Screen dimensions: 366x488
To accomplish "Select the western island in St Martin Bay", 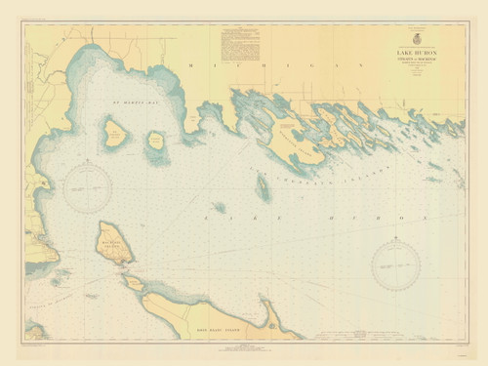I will (x=115, y=134).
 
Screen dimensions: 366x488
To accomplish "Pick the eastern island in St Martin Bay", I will (x=156, y=147).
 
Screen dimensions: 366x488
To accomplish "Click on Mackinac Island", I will (x=115, y=244).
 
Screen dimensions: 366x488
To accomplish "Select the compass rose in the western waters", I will (x=89, y=185).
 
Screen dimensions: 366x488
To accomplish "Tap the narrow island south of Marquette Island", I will (x=263, y=188).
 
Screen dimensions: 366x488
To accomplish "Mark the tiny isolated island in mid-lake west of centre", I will (x=220, y=207).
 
